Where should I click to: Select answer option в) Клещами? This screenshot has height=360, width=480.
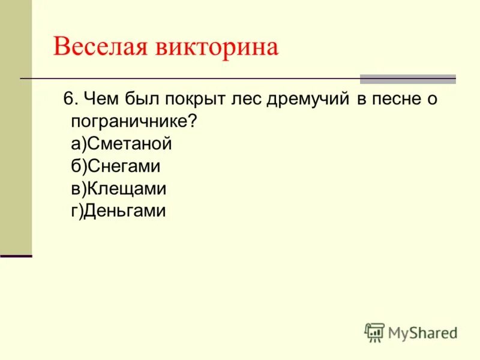click(x=118, y=189)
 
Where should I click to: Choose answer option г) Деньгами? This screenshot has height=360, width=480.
click(x=118, y=211)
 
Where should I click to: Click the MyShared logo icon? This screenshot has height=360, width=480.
click(x=374, y=332)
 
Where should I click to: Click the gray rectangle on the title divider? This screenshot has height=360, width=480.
click(x=407, y=79)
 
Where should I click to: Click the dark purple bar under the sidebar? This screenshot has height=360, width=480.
click(x=16, y=256)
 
